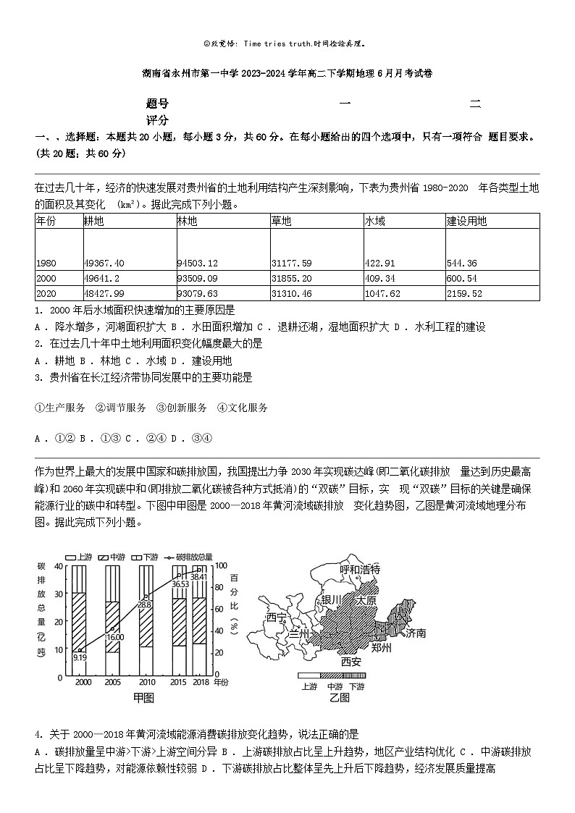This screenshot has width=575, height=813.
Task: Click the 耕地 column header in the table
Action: [x=94, y=222]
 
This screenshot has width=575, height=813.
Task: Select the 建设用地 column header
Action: [x=466, y=222]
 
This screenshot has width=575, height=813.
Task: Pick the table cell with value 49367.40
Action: [x=104, y=263]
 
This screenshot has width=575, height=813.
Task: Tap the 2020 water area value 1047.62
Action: [x=384, y=293]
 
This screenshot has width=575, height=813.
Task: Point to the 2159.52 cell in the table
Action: [x=466, y=293]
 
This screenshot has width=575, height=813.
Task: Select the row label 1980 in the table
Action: [x=47, y=263]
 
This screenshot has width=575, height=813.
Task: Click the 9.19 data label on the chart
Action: [x=80, y=657]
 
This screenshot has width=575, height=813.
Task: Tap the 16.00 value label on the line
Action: [x=115, y=637]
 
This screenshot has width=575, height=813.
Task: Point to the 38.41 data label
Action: [x=199, y=576]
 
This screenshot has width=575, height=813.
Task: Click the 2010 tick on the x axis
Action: [x=147, y=683]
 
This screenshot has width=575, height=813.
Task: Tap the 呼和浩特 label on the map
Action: [x=360, y=569]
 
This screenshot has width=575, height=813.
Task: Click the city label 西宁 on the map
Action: [x=277, y=618]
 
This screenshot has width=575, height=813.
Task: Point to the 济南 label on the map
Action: [x=416, y=633]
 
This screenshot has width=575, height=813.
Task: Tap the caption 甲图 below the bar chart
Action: [x=143, y=698]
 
